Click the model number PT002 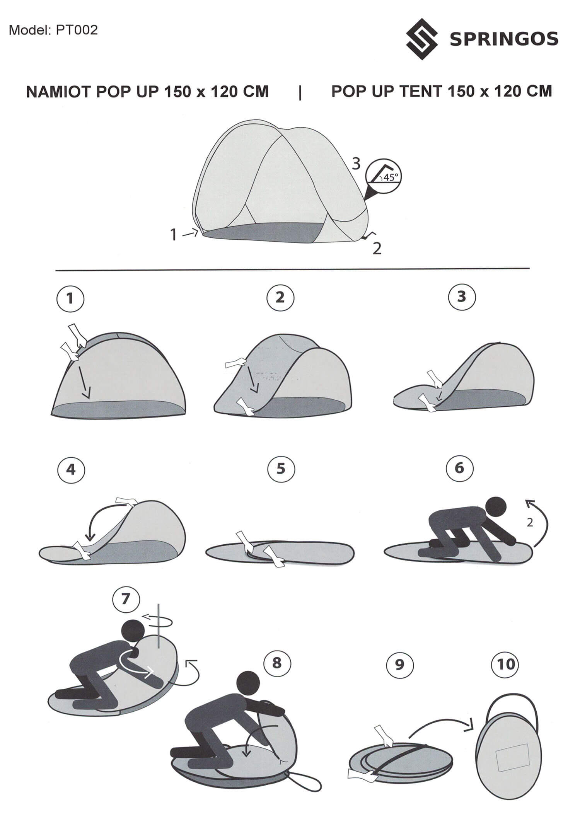(x=77, y=30)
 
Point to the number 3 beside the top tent (x=356, y=164)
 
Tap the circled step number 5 (x=281, y=469)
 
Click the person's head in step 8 (x=247, y=682)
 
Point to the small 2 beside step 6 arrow (x=530, y=523)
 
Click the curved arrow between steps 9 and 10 (x=441, y=721)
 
